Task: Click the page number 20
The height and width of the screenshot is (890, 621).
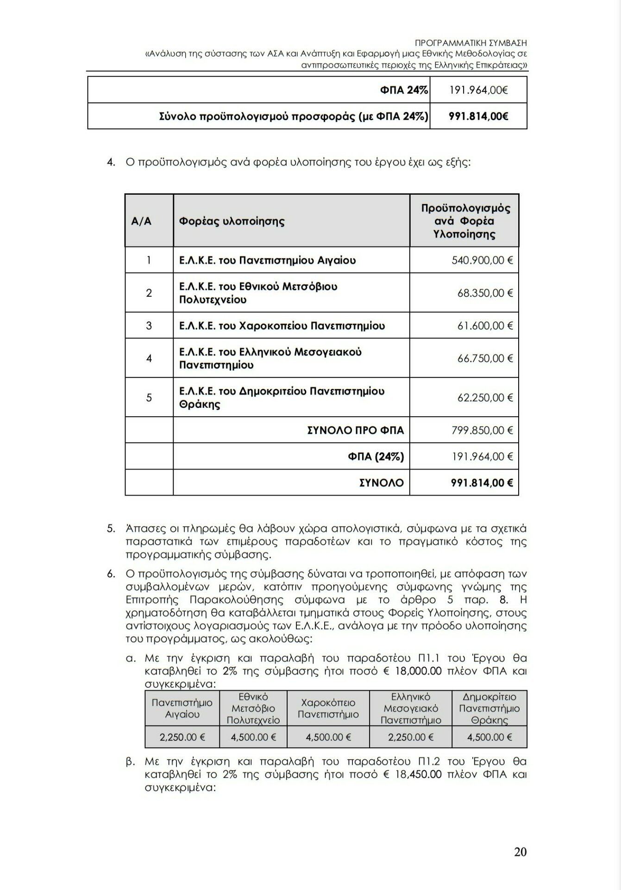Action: [x=520, y=852]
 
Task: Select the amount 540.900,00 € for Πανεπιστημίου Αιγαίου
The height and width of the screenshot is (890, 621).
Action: [x=482, y=261]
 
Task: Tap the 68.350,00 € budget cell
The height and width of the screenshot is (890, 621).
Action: [x=485, y=293]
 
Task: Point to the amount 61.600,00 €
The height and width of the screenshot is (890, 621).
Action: [x=485, y=326]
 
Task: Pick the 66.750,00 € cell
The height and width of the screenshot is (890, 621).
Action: [x=485, y=358]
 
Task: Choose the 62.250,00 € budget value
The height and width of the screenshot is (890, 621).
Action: [x=485, y=398]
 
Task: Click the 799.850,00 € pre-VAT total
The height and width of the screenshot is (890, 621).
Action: [x=482, y=431]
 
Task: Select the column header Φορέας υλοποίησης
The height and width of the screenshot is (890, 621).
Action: [x=232, y=221]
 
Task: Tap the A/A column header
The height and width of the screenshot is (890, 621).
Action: [x=141, y=221]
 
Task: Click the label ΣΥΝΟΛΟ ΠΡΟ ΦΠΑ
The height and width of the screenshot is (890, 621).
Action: [x=355, y=431]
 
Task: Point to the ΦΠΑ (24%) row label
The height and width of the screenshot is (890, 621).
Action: [x=376, y=457]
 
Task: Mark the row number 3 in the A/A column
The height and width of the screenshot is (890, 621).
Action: [x=149, y=326]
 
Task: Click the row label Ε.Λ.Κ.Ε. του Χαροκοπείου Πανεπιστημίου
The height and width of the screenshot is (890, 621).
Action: [x=282, y=326]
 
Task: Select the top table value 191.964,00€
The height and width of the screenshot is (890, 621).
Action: [x=478, y=90]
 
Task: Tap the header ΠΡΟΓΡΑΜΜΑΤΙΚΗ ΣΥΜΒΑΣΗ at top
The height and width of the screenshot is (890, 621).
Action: [x=471, y=43]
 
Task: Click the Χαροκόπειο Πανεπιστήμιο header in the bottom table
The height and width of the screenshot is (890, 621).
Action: [x=328, y=708]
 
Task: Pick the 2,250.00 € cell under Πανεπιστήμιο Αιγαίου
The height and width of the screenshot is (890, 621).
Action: [x=182, y=737]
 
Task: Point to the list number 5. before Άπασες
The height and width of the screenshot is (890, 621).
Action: [x=111, y=528]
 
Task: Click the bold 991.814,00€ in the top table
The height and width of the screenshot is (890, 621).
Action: [x=478, y=116]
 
